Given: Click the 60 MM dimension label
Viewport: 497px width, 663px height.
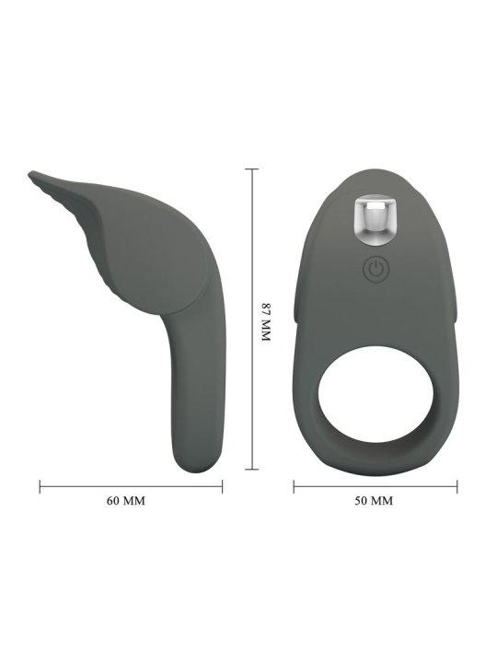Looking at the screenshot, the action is [126, 501].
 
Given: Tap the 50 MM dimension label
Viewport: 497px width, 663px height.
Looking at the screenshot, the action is [374, 501].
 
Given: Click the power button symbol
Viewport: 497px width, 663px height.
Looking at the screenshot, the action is [376, 269].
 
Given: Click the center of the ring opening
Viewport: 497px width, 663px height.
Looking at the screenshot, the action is [376, 394].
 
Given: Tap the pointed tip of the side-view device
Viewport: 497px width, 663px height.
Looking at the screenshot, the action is [30, 174].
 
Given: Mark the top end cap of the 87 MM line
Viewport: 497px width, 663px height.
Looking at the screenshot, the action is [252, 169].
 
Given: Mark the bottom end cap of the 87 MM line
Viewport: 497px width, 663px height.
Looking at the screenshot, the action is [252, 469].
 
